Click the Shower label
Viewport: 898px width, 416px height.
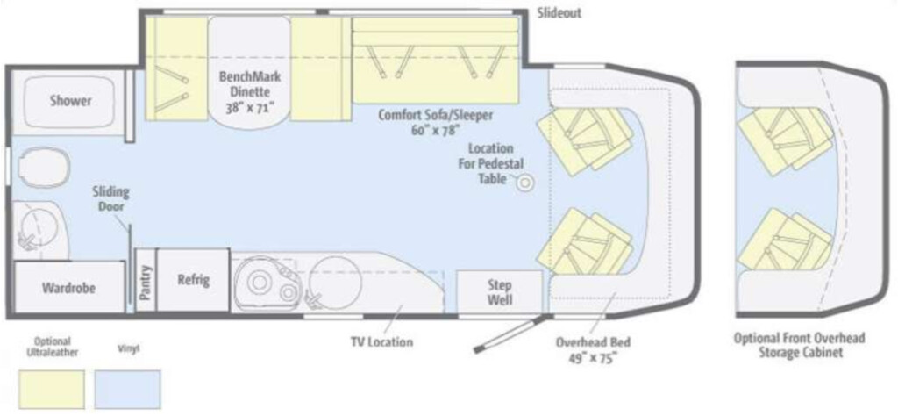[x=70, y=102]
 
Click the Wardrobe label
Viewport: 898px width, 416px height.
[x=68, y=288]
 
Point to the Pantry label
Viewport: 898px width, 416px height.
[x=146, y=282]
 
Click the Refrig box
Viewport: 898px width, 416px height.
[x=193, y=280]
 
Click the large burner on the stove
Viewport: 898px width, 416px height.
[x=260, y=282]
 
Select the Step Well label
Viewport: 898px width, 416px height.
[x=499, y=292]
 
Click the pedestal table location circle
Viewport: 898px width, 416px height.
[x=524, y=183]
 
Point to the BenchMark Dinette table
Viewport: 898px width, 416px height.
[x=248, y=69]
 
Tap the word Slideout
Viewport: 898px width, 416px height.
[x=559, y=12]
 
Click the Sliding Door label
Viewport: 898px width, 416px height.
[x=110, y=199]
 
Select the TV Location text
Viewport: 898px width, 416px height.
[x=381, y=342]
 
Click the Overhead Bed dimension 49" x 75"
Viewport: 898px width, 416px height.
[x=593, y=358]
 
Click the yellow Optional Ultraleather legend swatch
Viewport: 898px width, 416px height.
[x=52, y=389]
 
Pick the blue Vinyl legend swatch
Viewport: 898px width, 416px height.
[x=127, y=389]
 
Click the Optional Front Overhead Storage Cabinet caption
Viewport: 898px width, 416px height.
[x=800, y=346]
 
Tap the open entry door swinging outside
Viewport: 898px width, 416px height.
[x=507, y=335]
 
